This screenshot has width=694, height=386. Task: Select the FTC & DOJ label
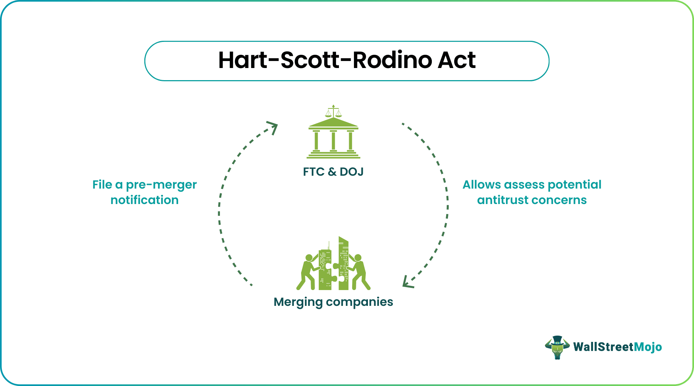(333, 172)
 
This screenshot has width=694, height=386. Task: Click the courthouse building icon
(333, 138)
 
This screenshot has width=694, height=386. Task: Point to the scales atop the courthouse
(333, 111)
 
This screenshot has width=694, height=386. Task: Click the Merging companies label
(333, 302)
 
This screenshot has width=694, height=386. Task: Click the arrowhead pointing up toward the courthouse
(273, 128)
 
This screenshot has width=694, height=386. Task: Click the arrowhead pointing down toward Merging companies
(407, 282)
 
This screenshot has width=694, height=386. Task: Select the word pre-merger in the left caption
(161, 185)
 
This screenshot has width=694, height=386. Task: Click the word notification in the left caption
(145, 200)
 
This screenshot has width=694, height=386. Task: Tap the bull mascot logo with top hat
(557, 347)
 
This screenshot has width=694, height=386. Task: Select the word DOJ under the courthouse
(351, 172)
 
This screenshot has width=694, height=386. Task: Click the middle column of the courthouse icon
(333, 140)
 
